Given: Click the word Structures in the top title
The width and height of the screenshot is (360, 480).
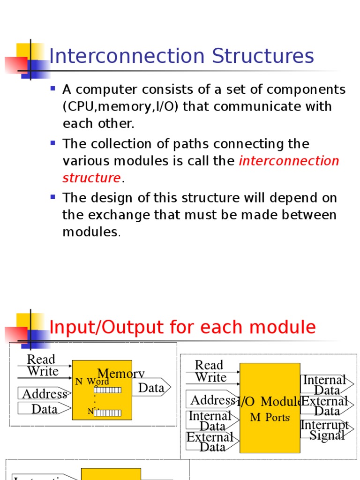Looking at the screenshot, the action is click(x=262, y=57).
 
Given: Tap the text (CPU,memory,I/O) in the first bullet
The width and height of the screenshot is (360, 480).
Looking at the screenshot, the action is click(x=121, y=106).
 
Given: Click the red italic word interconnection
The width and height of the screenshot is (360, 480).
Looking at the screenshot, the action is click(x=289, y=161).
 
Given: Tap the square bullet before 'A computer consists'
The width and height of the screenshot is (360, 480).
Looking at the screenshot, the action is click(x=53, y=88).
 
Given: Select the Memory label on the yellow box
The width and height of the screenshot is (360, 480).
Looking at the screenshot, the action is click(x=120, y=374).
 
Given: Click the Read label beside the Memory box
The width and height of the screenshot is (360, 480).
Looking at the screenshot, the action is click(x=41, y=360).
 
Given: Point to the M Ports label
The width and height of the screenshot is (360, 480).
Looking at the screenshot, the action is click(x=270, y=417).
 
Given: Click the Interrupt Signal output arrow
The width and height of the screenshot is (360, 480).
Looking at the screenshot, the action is click(x=326, y=430).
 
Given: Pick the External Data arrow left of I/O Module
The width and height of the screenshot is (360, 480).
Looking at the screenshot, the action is click(x=211, y=442).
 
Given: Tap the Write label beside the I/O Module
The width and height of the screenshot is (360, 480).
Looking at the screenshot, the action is click(x=210, y=377).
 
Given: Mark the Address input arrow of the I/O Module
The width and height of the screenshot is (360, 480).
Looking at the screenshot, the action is click(x=212, y=400).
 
